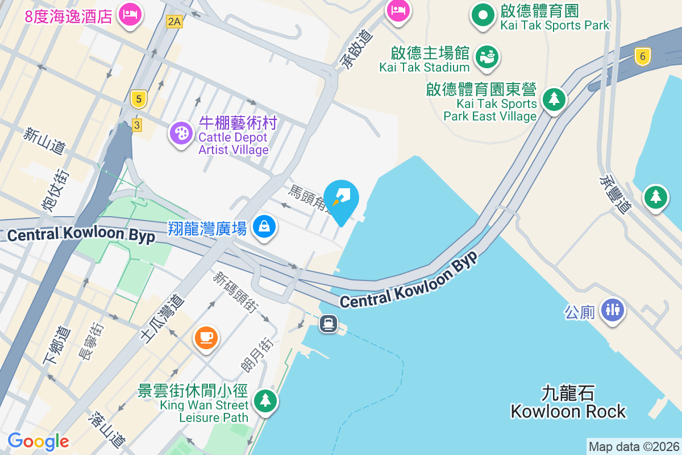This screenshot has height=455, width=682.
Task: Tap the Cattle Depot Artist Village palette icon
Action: (181, 134)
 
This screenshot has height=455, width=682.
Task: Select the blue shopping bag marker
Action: (264, 227)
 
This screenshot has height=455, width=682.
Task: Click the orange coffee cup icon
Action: (206, 337)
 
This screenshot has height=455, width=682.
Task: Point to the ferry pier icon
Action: (328, 324)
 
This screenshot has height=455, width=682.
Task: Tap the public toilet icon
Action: (612, 310)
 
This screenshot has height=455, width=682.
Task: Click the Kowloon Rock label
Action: (568, 403)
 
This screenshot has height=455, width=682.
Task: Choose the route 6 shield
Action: (643, 56)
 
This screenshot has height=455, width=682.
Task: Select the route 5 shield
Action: (138, 100)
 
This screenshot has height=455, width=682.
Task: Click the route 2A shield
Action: (174, 22)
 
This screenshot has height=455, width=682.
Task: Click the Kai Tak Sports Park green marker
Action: (483, 15)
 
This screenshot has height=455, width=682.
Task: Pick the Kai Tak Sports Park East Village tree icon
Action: (553, 100)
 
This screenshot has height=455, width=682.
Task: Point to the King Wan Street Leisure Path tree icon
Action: (265, 400)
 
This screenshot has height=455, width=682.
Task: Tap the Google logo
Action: (38, 441)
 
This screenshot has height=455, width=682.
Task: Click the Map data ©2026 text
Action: (634, 447)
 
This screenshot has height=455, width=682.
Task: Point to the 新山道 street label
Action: (44, 140)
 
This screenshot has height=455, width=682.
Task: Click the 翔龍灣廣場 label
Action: (207, 229)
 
